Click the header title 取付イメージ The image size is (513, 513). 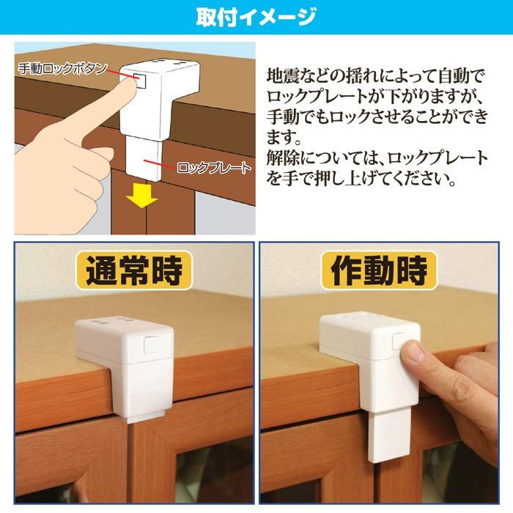(256, 15)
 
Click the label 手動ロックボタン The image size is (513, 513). (63, 68)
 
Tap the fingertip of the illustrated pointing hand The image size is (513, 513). (131, 82)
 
